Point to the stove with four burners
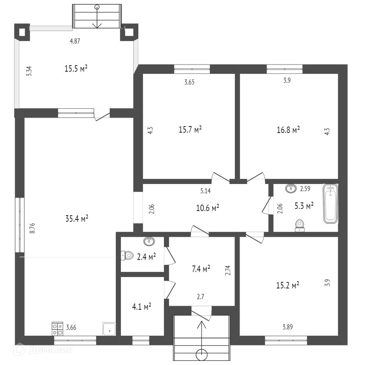(57, 328)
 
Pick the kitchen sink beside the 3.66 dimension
(109, 329)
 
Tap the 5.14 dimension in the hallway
(205, 191)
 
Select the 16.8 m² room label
(288, 130)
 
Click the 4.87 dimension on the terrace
(75, 41)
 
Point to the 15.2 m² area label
(287, 285)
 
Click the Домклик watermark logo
(43, 350)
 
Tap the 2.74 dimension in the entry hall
(228, 271)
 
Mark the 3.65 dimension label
(189, 82)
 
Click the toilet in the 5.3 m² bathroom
(300, 225)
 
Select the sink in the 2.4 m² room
(149, 242)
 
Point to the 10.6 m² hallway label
(207, 208)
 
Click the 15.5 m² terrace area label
(76, 69)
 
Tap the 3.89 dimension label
(288, 327)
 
